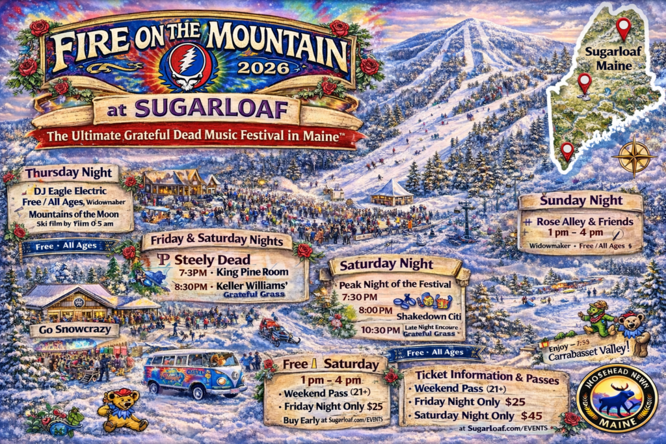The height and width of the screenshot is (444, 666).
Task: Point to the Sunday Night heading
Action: coord(581,200)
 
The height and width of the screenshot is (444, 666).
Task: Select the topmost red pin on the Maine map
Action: coord(622,27)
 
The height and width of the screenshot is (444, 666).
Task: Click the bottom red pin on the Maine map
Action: coord(567,150)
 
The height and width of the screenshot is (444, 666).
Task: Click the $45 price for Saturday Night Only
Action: coord(513,415)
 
